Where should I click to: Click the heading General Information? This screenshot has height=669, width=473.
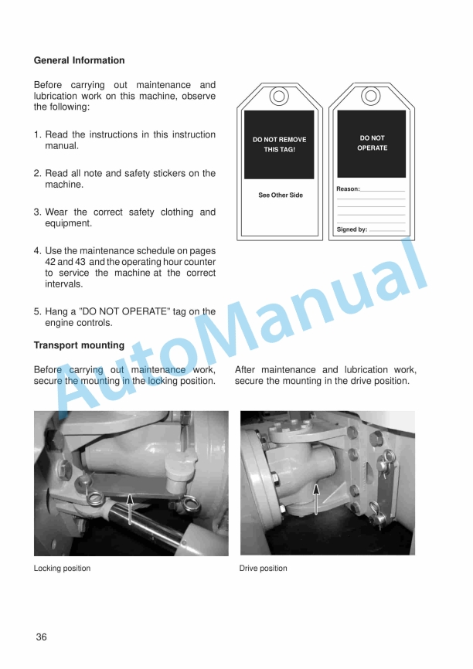pos(79,60)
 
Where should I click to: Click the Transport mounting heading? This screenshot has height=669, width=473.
pos(79,345)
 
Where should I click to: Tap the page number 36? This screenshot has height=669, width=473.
pos(41,637)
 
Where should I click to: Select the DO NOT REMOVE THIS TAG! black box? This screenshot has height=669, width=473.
pos(279,144)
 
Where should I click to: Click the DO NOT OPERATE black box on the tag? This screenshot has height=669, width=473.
pos(372,144)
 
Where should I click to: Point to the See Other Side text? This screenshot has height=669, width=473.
pos(280,195)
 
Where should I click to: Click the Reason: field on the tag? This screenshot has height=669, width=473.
pos(370,189)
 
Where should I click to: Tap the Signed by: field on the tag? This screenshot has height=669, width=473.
pos(370,229)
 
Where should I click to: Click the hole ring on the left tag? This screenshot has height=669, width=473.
pos(279,97)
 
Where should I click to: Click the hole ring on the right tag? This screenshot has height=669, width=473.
pos(372,97)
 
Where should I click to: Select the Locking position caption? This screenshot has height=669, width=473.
pos(62,569)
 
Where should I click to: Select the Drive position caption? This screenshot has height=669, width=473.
pos(263,569)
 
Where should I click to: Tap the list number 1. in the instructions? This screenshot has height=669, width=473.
pos(38,134)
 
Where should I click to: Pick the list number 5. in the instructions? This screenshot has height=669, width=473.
pos(38,311)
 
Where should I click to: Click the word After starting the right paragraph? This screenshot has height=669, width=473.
pos(247,370)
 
